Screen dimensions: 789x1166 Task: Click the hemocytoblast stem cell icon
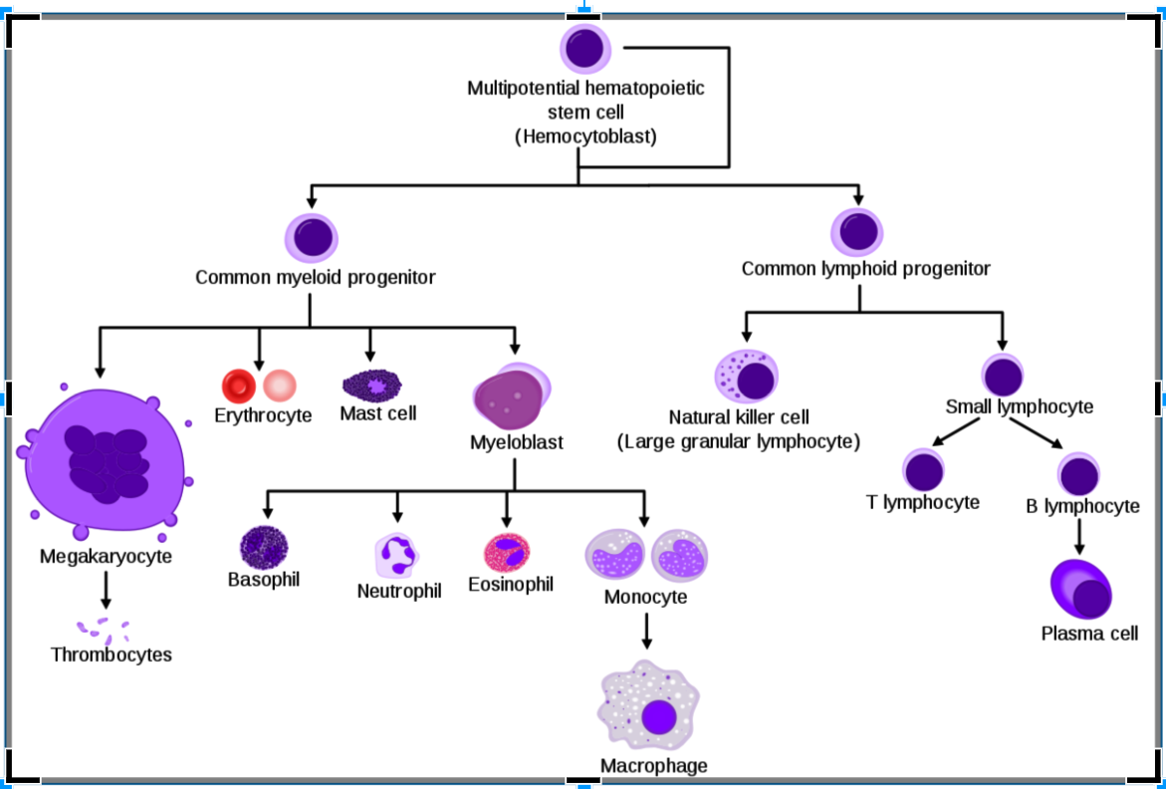[585, 48]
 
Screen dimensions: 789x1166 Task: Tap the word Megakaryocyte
[106, 556]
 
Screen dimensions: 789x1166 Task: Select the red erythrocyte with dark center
[240, 385]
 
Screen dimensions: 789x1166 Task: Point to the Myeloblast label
[517, 441]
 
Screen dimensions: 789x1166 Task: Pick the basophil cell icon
[264, 546]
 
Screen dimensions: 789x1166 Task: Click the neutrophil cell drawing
[398, 555]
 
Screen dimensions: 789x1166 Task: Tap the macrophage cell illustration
[651, 709]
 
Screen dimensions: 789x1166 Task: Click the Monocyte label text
[645, 598]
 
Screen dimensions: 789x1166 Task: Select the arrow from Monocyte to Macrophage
[647, 632]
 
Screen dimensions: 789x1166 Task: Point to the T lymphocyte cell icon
[923, 469]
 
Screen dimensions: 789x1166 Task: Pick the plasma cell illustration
[1081, 591]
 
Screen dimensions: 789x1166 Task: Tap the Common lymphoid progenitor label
[865, 269]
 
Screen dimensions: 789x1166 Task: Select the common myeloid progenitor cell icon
[313, 239]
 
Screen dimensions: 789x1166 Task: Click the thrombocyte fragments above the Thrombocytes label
[104, 629]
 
